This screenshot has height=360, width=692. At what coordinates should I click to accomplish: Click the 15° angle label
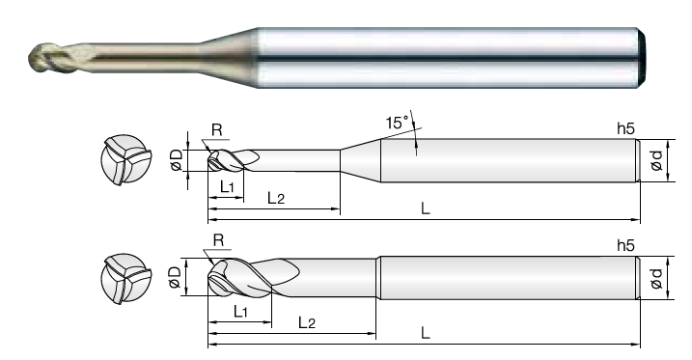(x=398, y=123)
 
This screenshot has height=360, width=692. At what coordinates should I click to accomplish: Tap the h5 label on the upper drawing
(x=625, y=128)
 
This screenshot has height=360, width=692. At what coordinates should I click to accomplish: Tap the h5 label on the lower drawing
(x=625, y=246)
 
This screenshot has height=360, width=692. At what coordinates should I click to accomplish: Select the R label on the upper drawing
(x=217, y=130)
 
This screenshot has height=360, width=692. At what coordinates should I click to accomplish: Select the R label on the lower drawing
(x=218, y=240)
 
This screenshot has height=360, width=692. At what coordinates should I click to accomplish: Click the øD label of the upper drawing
(x=176, y=159)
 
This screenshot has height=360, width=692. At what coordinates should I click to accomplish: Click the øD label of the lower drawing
(x=175, y=277)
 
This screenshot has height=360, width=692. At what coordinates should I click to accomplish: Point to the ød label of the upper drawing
(x=657, y=160)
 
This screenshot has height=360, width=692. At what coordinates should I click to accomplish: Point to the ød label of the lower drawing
(x=657, y=278)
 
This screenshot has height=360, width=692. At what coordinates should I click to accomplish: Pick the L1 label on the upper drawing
(x=227, y=187)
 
